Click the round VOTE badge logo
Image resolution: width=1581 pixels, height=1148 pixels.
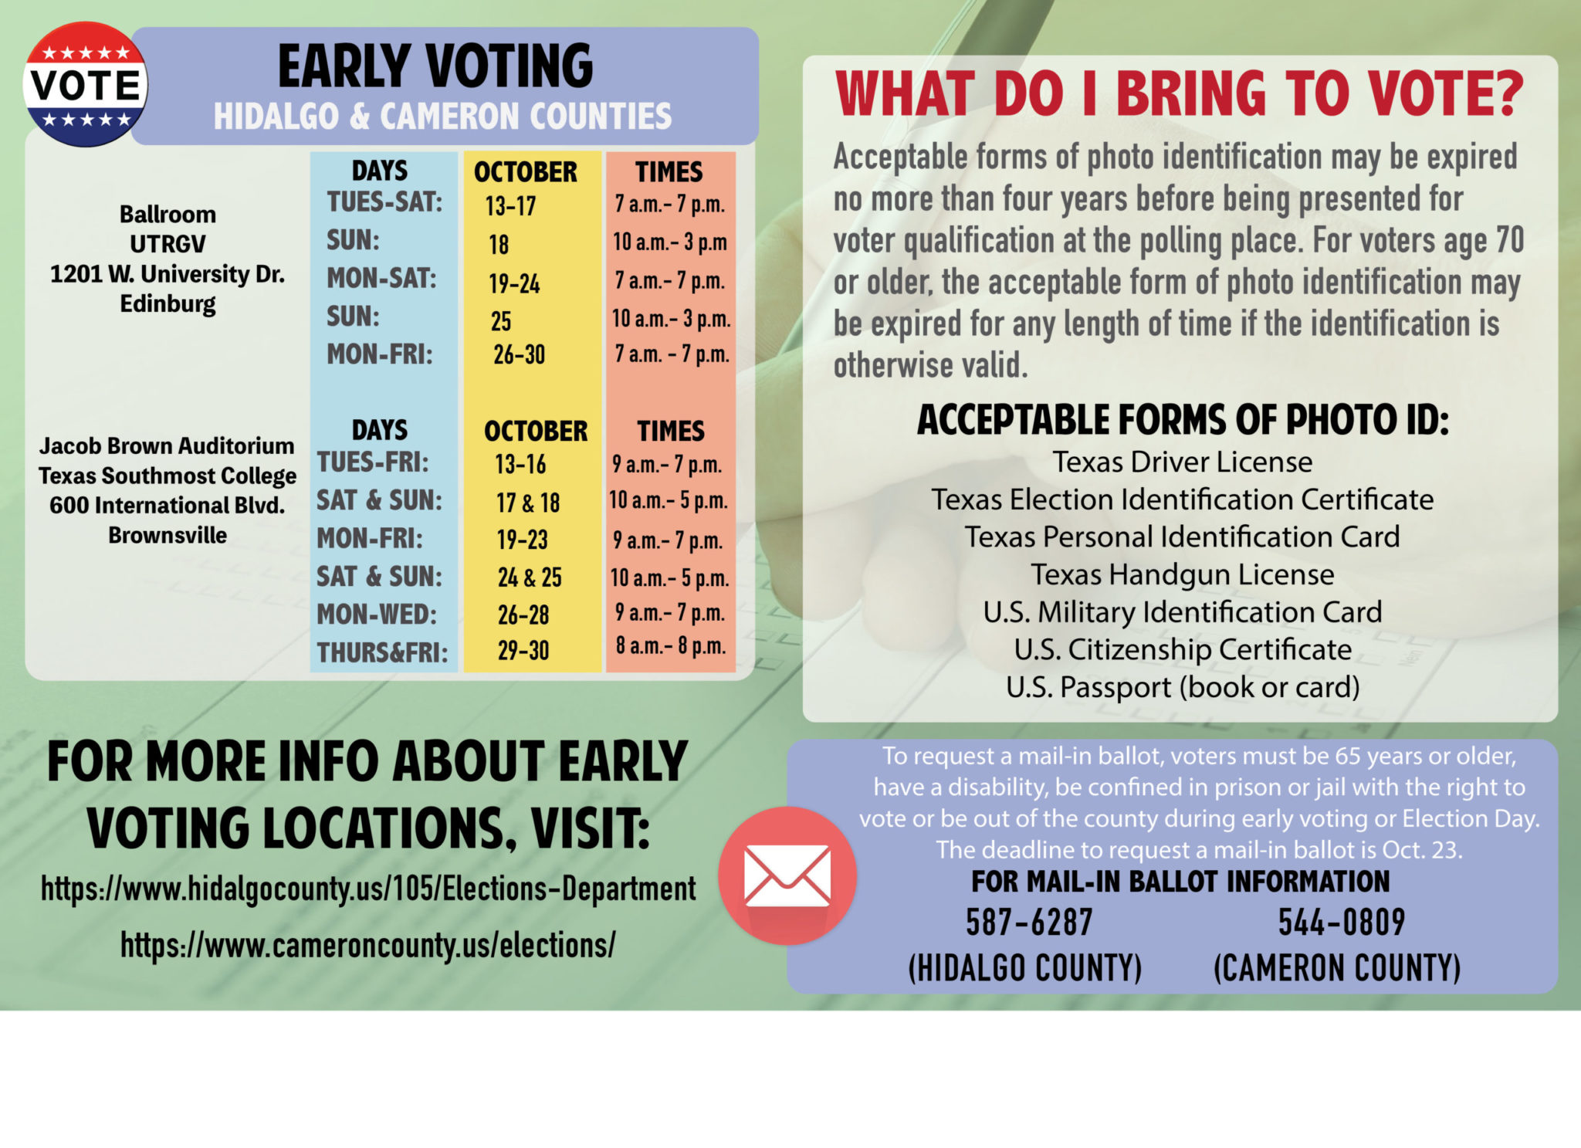tap(85, 84)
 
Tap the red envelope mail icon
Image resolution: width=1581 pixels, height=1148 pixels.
tap(787, 875)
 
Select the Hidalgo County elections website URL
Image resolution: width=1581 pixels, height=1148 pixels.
tap(368, 889)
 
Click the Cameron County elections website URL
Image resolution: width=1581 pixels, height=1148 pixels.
tap(368, 945)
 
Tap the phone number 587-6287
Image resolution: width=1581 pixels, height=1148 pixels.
tap(1029, 922)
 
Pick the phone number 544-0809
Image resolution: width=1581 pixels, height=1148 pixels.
tap(1342, 922)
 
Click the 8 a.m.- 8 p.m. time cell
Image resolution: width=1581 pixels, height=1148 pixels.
tap(671, 645)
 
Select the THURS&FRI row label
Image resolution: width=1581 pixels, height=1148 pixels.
tap(382, 652)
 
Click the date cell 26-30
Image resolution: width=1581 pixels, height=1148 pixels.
tap(519, 354)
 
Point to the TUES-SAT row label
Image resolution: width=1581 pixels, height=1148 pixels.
tap(384, 202)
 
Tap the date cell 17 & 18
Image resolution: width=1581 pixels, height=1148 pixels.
tap(528, 503)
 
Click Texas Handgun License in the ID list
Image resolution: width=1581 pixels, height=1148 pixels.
tap(1183, 574)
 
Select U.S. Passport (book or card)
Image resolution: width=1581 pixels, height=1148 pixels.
tap(1183, 687)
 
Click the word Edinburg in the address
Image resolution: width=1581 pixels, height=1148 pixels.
tap(168, 304)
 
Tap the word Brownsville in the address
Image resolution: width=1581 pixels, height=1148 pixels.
tap(168, 535)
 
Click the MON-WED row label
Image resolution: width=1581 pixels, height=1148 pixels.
tap(377, 615)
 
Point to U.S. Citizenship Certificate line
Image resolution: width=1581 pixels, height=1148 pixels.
tap(1183, 649)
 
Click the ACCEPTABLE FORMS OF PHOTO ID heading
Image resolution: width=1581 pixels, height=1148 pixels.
tap(1183, 420)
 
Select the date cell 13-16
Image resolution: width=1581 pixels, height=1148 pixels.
tap(520, 464)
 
